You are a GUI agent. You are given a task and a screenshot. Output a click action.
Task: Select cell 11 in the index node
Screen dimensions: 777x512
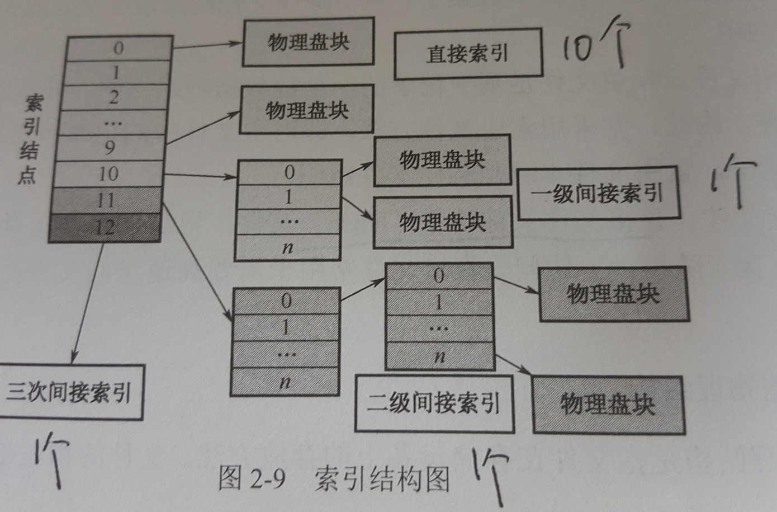click(106, 200)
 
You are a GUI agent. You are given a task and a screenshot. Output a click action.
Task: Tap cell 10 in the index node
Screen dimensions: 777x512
click(108, 174)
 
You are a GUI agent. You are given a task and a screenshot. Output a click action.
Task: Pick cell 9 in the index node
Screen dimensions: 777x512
click(110, 148)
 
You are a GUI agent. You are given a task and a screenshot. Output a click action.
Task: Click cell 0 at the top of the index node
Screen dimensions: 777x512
click(119, 48)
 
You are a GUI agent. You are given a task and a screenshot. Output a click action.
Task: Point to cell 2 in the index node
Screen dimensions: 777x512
click(114, 97)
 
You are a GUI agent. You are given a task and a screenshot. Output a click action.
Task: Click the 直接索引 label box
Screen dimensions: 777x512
click(468, 54)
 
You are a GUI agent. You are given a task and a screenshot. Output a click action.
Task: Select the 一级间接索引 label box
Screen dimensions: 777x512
click(598, 193)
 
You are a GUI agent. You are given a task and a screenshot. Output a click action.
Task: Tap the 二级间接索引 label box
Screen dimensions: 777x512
click(434, 403)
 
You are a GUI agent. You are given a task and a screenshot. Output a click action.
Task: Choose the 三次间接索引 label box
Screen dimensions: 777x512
click(69, 392)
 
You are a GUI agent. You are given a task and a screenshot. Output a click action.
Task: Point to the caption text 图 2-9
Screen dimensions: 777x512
click(252, 478)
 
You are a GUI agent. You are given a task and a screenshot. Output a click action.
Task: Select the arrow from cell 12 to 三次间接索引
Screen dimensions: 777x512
click(88, 302)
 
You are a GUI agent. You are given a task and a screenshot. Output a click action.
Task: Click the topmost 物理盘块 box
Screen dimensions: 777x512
click(308, 41)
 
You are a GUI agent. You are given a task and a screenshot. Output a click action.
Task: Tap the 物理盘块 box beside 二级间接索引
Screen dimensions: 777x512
click(608, 405)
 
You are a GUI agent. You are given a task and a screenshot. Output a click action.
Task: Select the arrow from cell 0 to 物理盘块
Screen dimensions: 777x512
click(207, 45)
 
